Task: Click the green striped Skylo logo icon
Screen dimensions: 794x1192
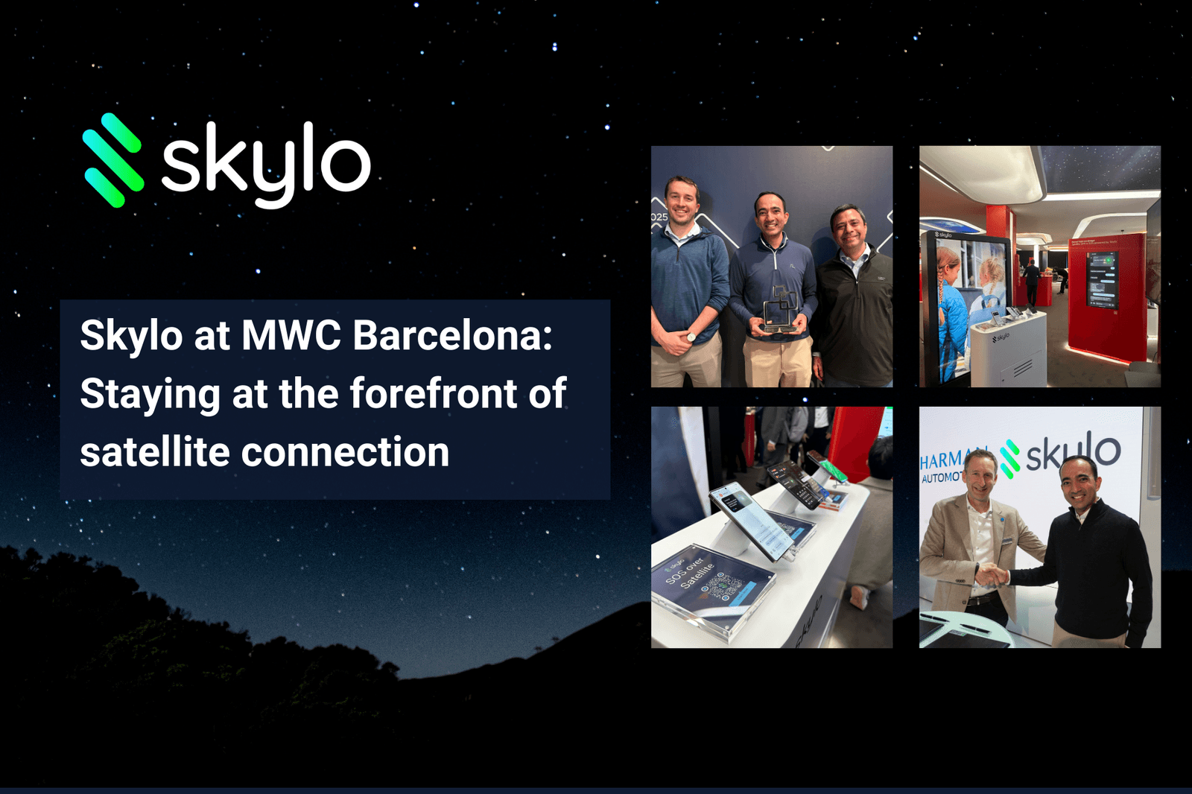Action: pyautogui.click(x=112, y=159)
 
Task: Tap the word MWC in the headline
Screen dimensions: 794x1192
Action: pyautogui.click(x=291, y=335)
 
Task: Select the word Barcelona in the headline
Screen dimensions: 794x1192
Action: pyautogui.click(x=452, y=335)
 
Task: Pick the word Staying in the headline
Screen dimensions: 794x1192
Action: pyautogui.click(x=150, y=395)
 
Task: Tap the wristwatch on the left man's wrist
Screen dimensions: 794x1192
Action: pyautogui.click(x=691, y=337)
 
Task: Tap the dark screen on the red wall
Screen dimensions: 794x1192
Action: pyautogui.click(x=1103, y=279)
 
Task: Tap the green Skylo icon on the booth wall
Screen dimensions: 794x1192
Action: pyautogui.click(x=1010, y=457)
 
